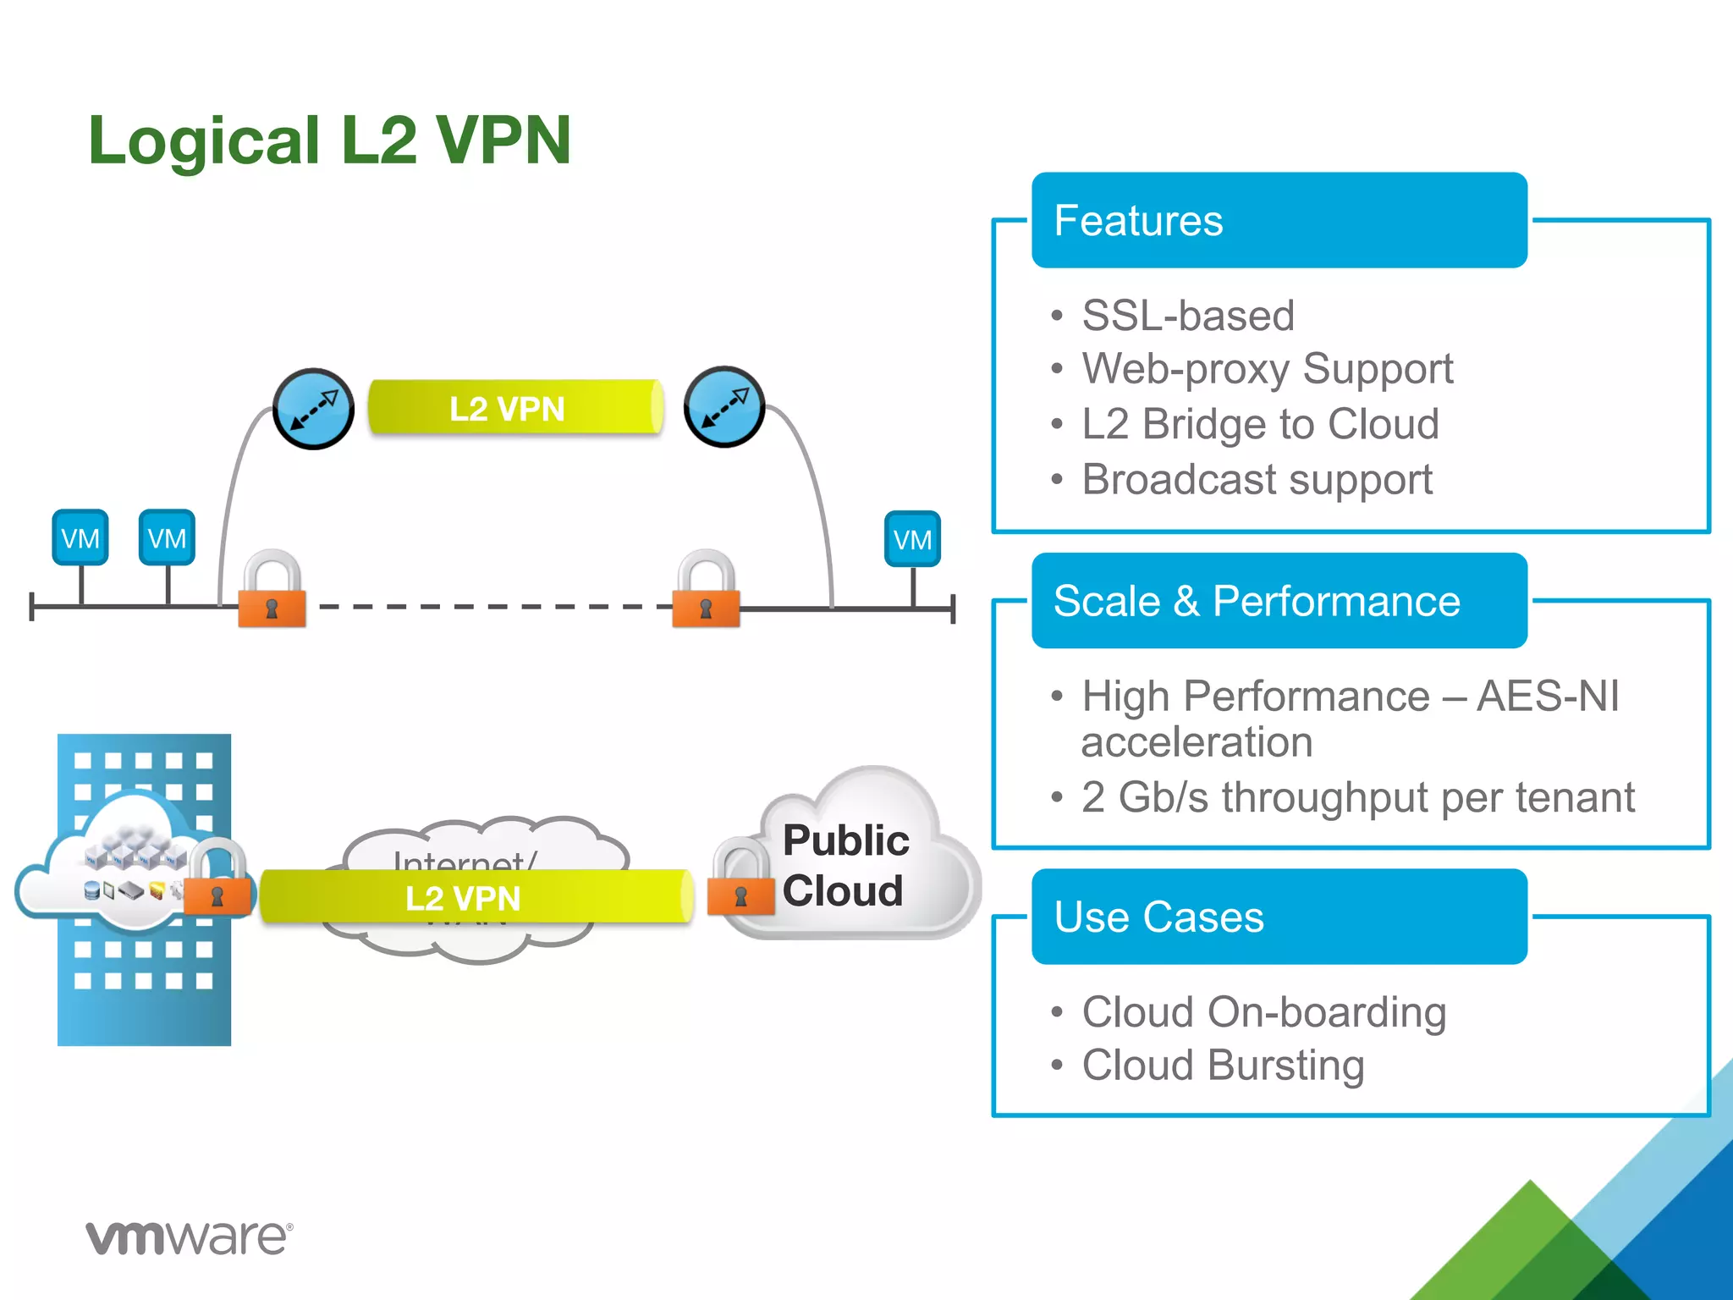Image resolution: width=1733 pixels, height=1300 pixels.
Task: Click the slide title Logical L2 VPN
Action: click(x=330, y=140)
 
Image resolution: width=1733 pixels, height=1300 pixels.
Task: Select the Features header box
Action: click(x=1279, y=221)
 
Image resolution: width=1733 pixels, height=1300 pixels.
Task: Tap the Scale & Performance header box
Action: click(x=1279, y=601)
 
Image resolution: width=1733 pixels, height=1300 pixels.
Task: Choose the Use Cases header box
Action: click(x=1279, y=917)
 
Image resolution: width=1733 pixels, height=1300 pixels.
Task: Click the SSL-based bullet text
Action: click(x=1187, y=316)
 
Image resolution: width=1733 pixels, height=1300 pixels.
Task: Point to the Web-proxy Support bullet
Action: click(x=1267, y=369)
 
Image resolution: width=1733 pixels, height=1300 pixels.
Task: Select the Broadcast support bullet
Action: click(x=1257, y=479)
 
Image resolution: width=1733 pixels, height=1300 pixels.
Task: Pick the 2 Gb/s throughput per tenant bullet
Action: click(x=1357, y=797)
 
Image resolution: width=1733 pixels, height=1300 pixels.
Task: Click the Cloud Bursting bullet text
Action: click(x=1223, y=1065)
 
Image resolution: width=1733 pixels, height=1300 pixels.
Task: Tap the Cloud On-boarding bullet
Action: click(x=1263, y=1012)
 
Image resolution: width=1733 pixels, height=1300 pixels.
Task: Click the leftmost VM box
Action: click(x=80, y=537)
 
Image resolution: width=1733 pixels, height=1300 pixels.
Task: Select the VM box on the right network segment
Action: click(x=912, y=539)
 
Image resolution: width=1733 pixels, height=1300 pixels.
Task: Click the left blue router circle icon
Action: click(x=313, y=409)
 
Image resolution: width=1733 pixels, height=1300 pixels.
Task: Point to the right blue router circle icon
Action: click(x=724, y=407)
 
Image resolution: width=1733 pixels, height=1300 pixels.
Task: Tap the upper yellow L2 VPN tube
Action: click(x=514, y=408)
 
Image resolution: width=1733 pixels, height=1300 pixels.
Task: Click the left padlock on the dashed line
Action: click(x=272, y=592)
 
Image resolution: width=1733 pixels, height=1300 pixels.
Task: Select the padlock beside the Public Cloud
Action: click(x=741, y=880)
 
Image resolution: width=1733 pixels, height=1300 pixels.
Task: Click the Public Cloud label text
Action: click(x=844, y=865)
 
